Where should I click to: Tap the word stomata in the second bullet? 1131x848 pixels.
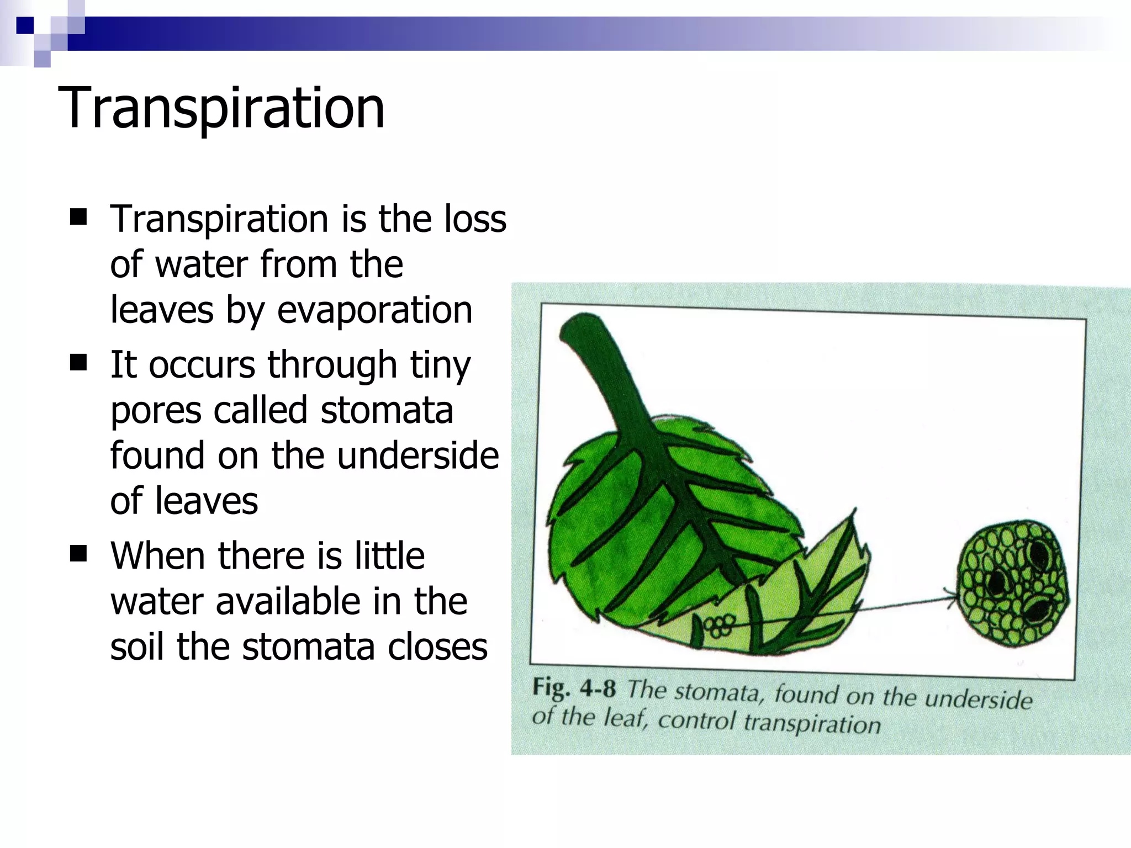pyautogui.click(x=387, y=410)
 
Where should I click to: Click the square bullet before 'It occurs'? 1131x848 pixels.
pyautogui.click(x=79, y=363)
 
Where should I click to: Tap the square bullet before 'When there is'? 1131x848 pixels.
pyautogui.click(x=79, y=553)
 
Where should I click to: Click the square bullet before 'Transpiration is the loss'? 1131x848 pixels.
pyautogui.click(x=79, y=217)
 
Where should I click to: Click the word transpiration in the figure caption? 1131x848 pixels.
pyautogui.click(x=811, y=723)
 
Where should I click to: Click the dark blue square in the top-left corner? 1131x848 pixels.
pyautogui.click(x=25, y=25)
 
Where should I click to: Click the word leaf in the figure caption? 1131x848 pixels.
pyautogui.click(x=624, y=719)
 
